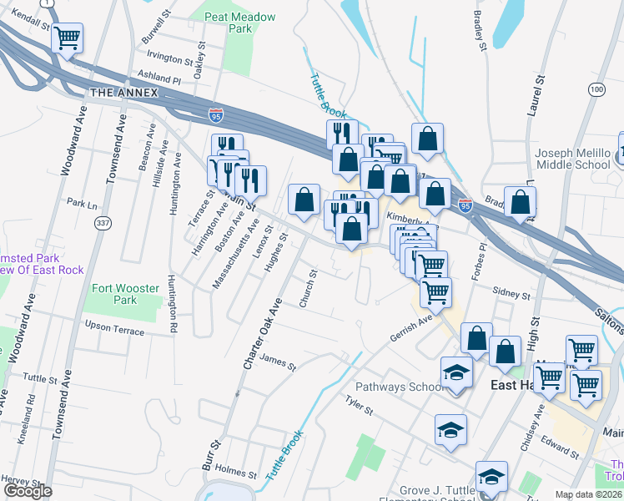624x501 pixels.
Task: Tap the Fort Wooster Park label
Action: (124, 294)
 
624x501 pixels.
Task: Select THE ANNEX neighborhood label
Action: (124, 92)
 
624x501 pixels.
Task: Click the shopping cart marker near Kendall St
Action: (67, 38)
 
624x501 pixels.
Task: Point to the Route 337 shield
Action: (103, 222)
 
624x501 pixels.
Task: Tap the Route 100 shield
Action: (596, 89)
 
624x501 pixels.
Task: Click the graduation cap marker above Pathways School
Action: (456, 372)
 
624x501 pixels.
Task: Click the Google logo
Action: (28, 491)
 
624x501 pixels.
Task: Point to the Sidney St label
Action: (511, 294)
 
